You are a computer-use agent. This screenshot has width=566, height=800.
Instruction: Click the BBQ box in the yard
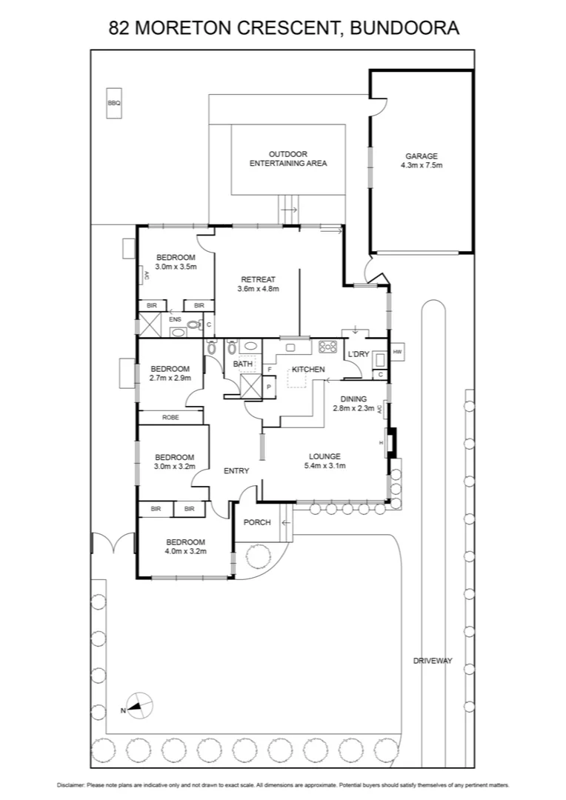pos(113,104)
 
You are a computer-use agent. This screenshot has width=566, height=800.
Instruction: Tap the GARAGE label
pos(422,156)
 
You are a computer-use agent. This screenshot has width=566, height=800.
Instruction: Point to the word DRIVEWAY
pos(433,661)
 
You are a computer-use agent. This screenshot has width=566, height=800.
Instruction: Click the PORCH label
pos(257,522)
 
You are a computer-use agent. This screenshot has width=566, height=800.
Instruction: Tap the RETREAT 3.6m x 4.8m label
pos(258,284)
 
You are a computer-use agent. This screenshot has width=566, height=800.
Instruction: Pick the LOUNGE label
pos(325,456)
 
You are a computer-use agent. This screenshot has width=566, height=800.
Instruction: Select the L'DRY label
pos(358,355)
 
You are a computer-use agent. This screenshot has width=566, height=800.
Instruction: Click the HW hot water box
pos(397,351)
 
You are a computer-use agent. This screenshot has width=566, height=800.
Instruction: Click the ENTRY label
pos(236,470)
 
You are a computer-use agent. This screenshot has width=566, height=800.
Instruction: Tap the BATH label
pos(242,364)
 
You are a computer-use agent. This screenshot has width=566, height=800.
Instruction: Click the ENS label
pos(175,319)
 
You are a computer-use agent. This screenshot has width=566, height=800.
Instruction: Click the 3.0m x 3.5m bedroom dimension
pos(176,267)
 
